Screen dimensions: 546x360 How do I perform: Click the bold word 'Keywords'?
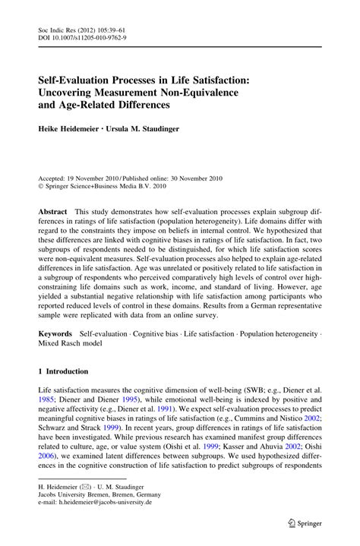click(x=56, y=335)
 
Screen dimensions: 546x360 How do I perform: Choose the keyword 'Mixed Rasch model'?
click(x=71, y=345)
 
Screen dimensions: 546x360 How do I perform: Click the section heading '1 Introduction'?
click(x=63, y=371)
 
